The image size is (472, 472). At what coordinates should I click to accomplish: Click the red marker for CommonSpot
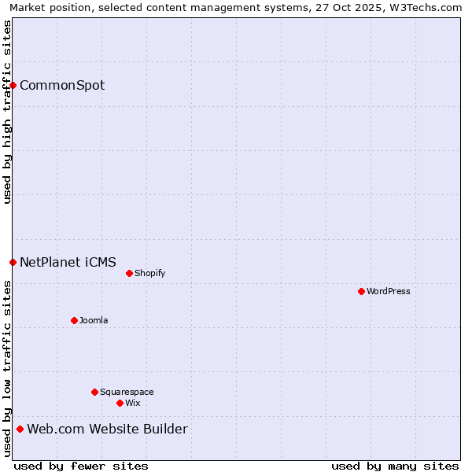[13, 85]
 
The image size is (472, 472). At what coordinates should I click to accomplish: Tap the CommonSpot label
[62, 85]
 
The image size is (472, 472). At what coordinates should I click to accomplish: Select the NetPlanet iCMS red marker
[13, 262]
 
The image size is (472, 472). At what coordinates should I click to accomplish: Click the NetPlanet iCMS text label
[68, 262]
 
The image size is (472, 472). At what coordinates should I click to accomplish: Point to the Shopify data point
[129, 273]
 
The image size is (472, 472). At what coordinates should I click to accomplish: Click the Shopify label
[149, 273]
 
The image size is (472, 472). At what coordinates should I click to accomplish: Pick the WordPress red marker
[361, 291]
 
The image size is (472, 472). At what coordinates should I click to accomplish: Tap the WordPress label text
[389, 291]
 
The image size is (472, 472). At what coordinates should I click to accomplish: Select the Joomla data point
[74, 320]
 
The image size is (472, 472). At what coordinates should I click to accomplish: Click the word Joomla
[94, 320]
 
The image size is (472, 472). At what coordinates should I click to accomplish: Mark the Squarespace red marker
[94, 392]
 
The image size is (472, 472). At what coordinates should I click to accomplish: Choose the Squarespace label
[127, 392]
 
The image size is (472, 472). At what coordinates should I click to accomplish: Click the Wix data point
[120, 403]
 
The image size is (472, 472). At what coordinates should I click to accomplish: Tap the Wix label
[133, 403]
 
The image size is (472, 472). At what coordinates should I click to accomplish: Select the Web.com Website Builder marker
[20, 429]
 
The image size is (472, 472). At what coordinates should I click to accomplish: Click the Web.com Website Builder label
[107, 429]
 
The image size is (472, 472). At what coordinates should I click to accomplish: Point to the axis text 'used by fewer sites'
[81, 466]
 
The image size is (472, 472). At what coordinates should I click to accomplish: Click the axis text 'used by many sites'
[395, 466]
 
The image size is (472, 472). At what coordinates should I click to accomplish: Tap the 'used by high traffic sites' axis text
[7, 112]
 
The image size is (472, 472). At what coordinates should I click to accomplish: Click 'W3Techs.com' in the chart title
[425, 7]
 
